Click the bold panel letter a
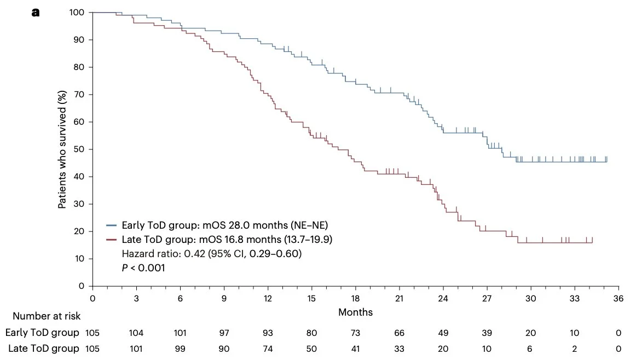(36, 12)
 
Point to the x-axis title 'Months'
(355, 312)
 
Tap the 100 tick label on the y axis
(77, 13)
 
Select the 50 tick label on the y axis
(79, 149)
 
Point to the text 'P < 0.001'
(143, 268)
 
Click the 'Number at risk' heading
(47, 316)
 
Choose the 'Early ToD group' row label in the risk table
(42, 333)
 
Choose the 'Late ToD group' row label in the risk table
(43, 348)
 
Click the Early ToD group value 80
(311, 333)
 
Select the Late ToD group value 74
(268, 348)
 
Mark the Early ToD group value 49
(443, 333)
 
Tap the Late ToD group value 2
(575, 348)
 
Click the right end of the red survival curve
(592, 242)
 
